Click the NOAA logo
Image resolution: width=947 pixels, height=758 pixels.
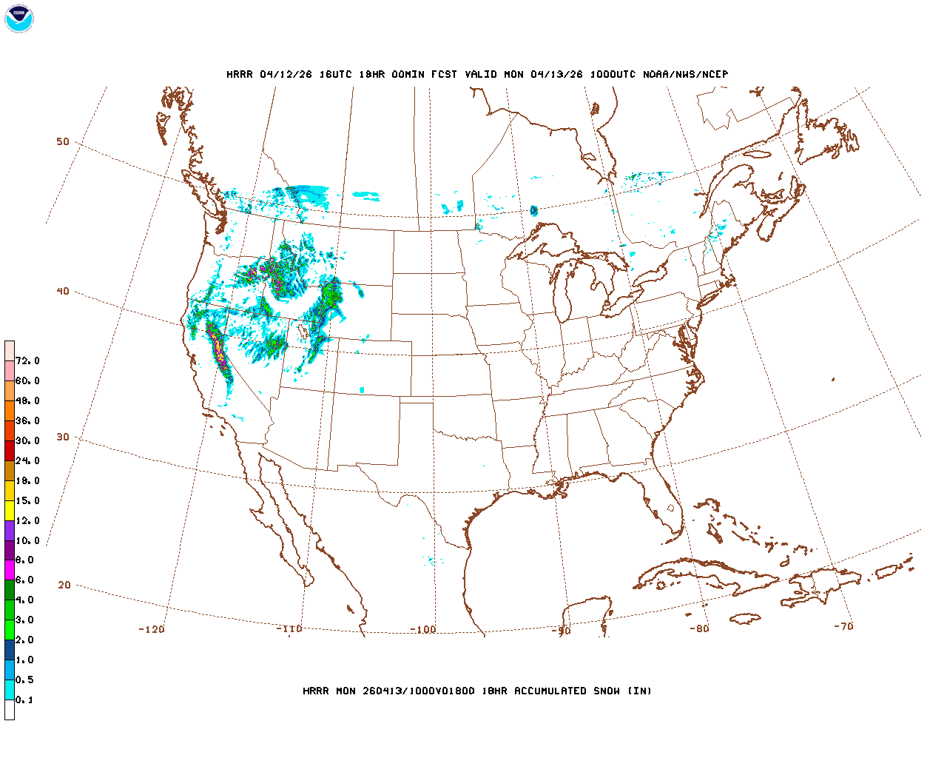click(x=19, y=19)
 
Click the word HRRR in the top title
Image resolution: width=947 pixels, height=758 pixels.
click(x=240, y=74)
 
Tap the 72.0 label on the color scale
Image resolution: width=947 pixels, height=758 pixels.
click(x=27, y=361)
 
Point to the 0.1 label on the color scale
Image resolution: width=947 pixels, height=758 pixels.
click(x=24, y=700)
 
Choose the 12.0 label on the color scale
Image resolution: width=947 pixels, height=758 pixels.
click(x=27, y=520)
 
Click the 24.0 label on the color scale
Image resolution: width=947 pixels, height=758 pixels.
click(x=27, y=460)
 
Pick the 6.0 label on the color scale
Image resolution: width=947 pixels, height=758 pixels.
click(x=24, y=580)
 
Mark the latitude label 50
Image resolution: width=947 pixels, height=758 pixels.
click(x=63, y=141)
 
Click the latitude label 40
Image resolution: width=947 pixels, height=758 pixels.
click(x=63, y=291)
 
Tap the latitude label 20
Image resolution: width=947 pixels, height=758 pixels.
click(x=64, y=585)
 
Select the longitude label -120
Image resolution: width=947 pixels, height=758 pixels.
click(x=152, y=629)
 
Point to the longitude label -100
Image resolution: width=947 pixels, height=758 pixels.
click(x=423, y=629)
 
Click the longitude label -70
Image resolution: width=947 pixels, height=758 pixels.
click(x=843, y=626)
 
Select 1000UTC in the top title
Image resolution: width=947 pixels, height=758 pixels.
click(x=613, y=74)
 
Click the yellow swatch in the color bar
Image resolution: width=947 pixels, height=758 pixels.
click(x=10, y=511)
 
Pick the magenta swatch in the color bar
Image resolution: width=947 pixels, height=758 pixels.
click(x=10, y=570)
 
